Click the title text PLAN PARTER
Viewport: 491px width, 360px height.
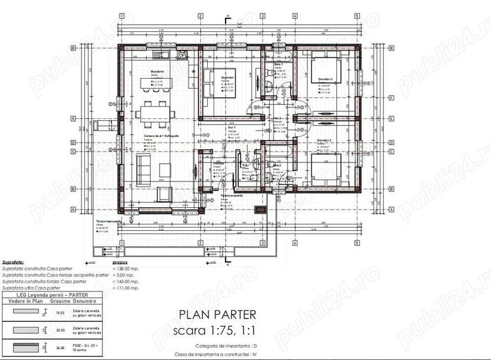click(x=217, y=315)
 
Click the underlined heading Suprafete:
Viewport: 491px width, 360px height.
click(x=13, y=263)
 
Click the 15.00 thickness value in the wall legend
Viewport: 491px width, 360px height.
click(x=60, y=313)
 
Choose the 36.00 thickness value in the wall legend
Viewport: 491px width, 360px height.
click(x=60, y=349)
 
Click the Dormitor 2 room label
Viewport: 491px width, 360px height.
click(x=325, y=79)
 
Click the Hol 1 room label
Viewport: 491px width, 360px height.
click(x=231, y=127)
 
